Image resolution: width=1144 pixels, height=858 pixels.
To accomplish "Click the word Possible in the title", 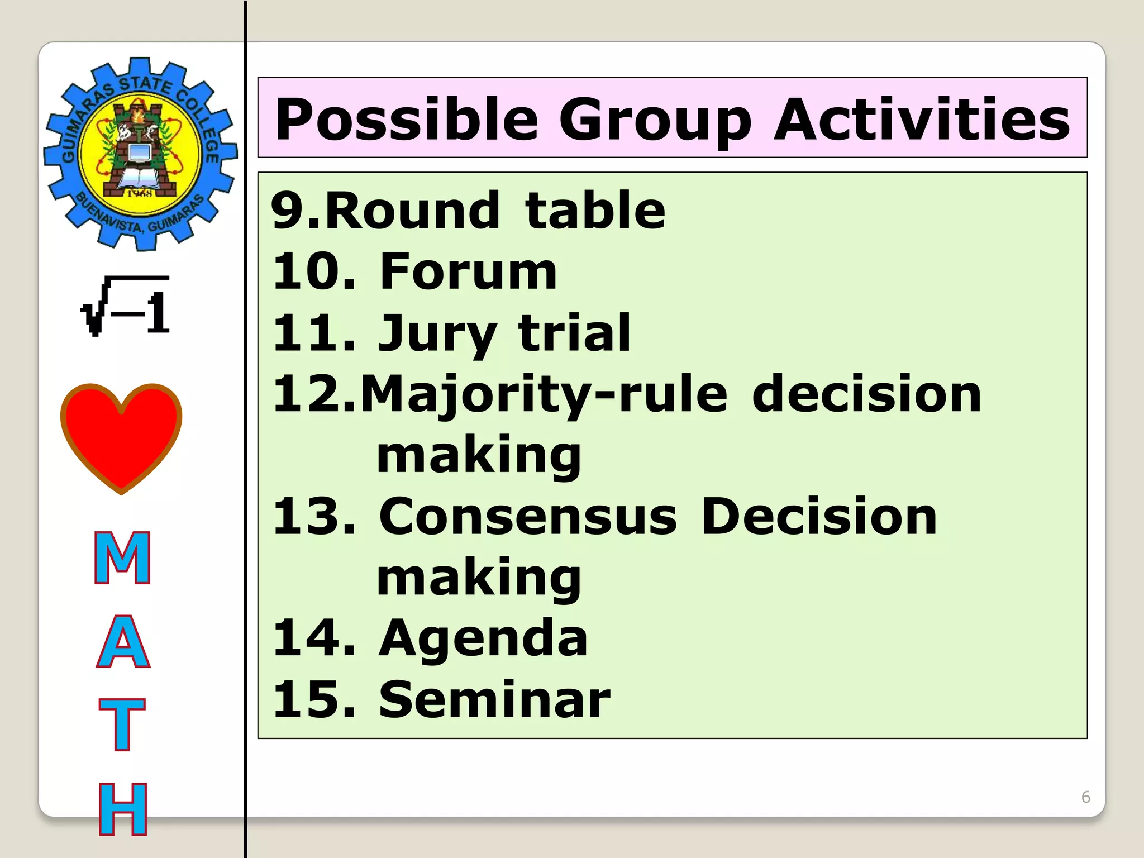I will tap(407, 120).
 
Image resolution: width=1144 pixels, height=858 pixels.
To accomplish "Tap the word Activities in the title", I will tap(922, 120).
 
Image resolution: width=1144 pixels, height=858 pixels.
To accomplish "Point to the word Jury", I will tap(437, 334).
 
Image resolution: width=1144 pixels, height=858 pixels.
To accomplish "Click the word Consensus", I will tap(527, 517).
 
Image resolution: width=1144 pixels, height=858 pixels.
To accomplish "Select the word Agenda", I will tap(483, 638).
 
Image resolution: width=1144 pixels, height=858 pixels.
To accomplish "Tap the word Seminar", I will tap(494, 699).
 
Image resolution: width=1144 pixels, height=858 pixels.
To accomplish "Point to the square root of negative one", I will tap(126, 306).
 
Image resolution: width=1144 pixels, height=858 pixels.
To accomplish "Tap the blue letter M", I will tap(122, 557).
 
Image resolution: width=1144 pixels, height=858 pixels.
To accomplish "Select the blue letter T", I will tap(122, 724).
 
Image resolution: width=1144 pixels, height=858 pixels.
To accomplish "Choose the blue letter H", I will tap(123, 809).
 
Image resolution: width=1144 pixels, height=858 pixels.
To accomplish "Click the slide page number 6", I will tap(1085, 797).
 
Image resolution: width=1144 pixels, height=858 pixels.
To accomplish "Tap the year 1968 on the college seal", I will tap(139, 193).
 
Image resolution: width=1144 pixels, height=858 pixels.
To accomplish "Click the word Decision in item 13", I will tap(818, 517).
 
